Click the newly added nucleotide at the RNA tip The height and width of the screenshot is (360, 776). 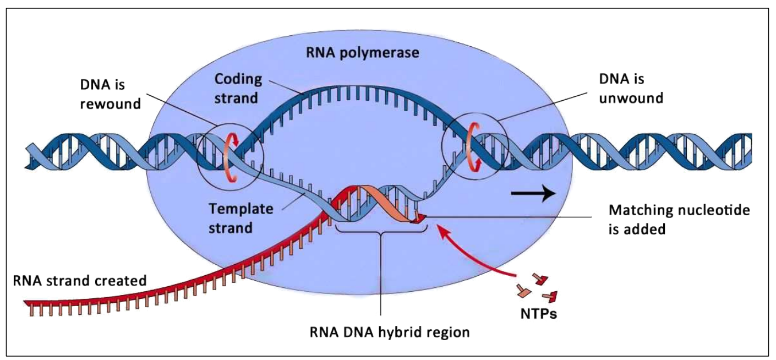pos(419,219)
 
